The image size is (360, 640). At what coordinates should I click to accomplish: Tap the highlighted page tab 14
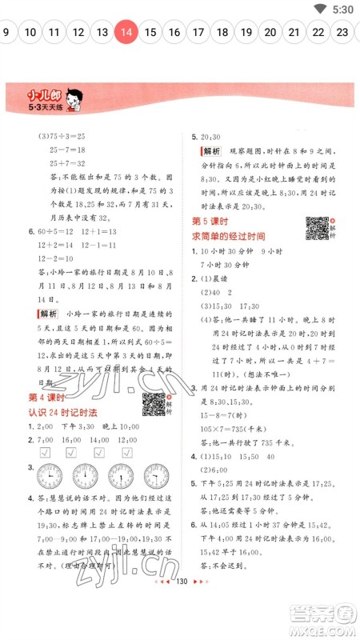126,33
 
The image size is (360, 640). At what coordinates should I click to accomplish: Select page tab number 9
6,33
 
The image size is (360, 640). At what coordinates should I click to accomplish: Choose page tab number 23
342,33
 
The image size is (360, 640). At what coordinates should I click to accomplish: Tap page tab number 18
222,33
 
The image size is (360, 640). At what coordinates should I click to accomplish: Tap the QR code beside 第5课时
317,228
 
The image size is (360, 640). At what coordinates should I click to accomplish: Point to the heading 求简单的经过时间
228,237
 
